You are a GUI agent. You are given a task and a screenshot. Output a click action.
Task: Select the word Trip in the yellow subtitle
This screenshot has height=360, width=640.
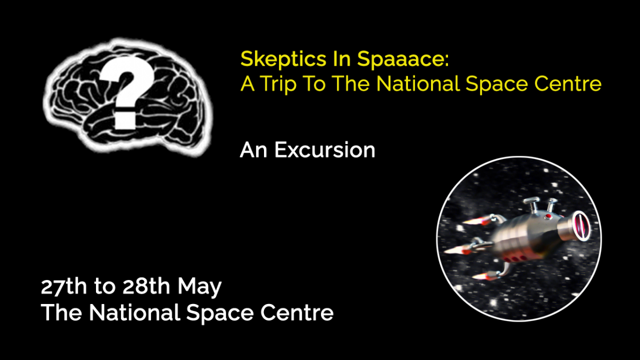click(x=285, y=84)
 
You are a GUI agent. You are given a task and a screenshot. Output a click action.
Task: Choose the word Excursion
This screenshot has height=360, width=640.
click(x=325, y=150)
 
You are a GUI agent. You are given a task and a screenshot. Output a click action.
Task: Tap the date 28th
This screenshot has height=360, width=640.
click(x=145, y=287)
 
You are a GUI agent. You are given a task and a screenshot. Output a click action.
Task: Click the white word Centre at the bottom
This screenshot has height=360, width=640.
click(x=297, y=313)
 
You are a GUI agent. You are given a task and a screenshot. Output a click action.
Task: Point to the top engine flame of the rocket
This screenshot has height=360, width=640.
click(x=473, y=221)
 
